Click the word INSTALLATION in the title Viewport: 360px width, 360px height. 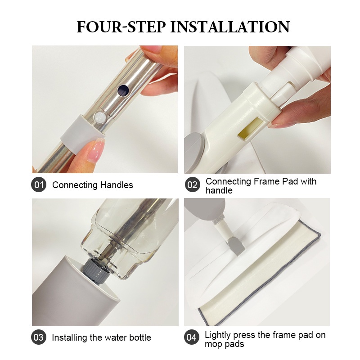[230, 27]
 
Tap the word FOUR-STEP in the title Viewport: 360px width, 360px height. [121, 27]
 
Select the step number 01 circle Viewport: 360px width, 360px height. [39, 184]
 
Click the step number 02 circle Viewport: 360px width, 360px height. [193, 184]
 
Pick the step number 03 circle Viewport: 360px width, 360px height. [39, 337]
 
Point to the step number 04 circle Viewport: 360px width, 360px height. [192, 337]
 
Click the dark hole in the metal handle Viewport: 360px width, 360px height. [123, 90]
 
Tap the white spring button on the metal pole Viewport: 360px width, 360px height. [99, 117]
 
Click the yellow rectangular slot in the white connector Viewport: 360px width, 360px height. [250, 128]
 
